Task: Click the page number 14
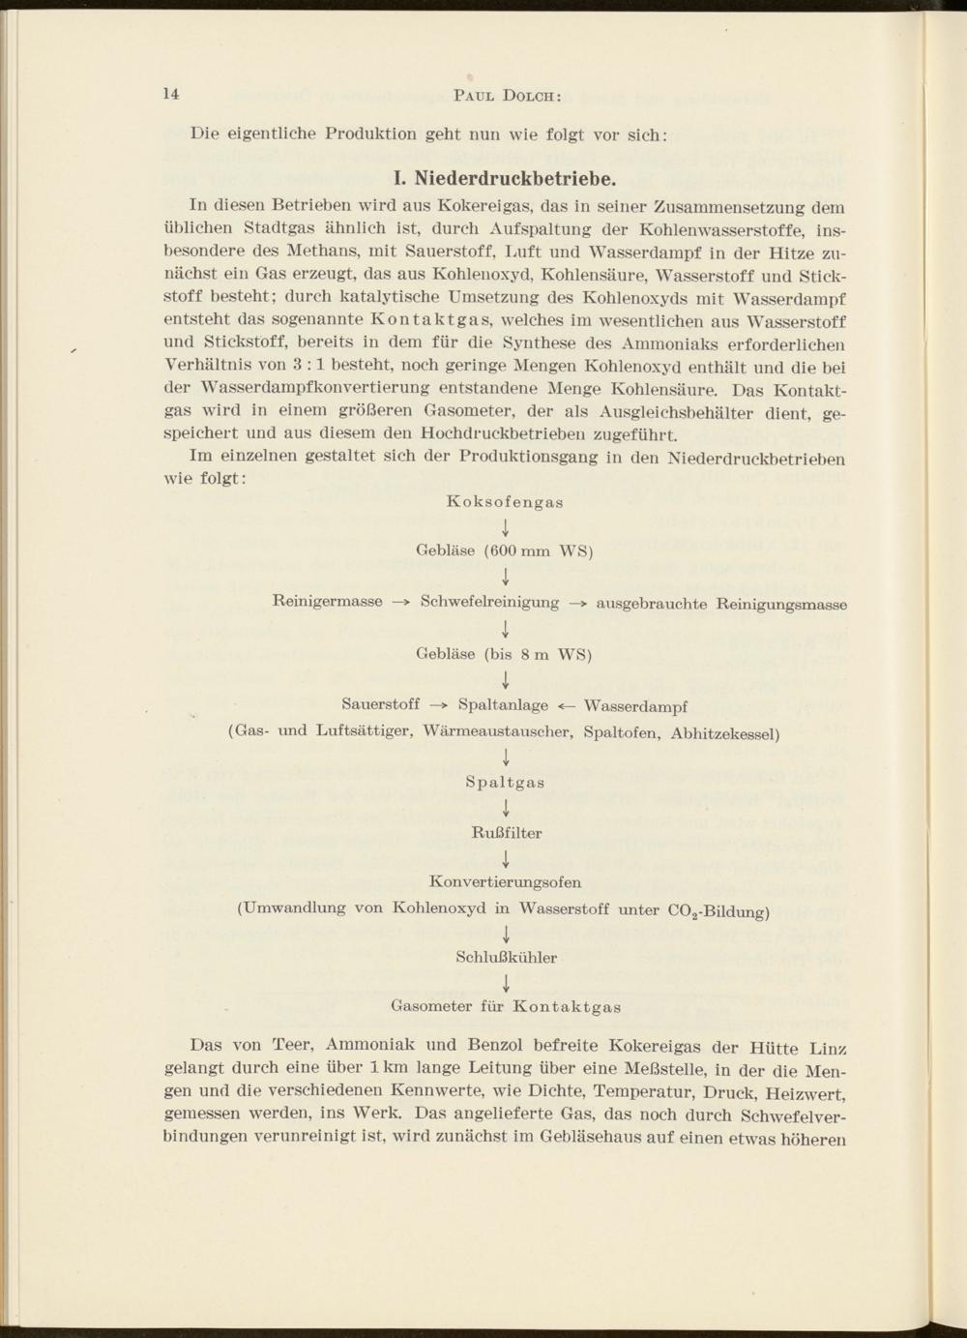tap(171, 93)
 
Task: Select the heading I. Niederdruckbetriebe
tap(503, 179)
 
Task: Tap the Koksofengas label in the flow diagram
tap(506, 502)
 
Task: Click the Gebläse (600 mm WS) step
tap(504, 551)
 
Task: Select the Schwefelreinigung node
tap(498, 603)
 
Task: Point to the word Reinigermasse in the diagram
tap(328, 602)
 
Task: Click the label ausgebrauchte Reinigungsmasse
tap(721, 605)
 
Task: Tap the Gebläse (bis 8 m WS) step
tap(504, 654)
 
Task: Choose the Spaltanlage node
tap(503, 705)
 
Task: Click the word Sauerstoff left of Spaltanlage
tap(381, 704)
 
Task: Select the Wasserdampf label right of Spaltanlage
tap(636, 706)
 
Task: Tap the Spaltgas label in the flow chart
tap(505, 783)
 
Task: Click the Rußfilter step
tap(506, 833)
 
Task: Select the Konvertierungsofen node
tap(505, 882)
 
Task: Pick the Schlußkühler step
tap(506, 958)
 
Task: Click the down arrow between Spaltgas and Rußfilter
tap(506, 808)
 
